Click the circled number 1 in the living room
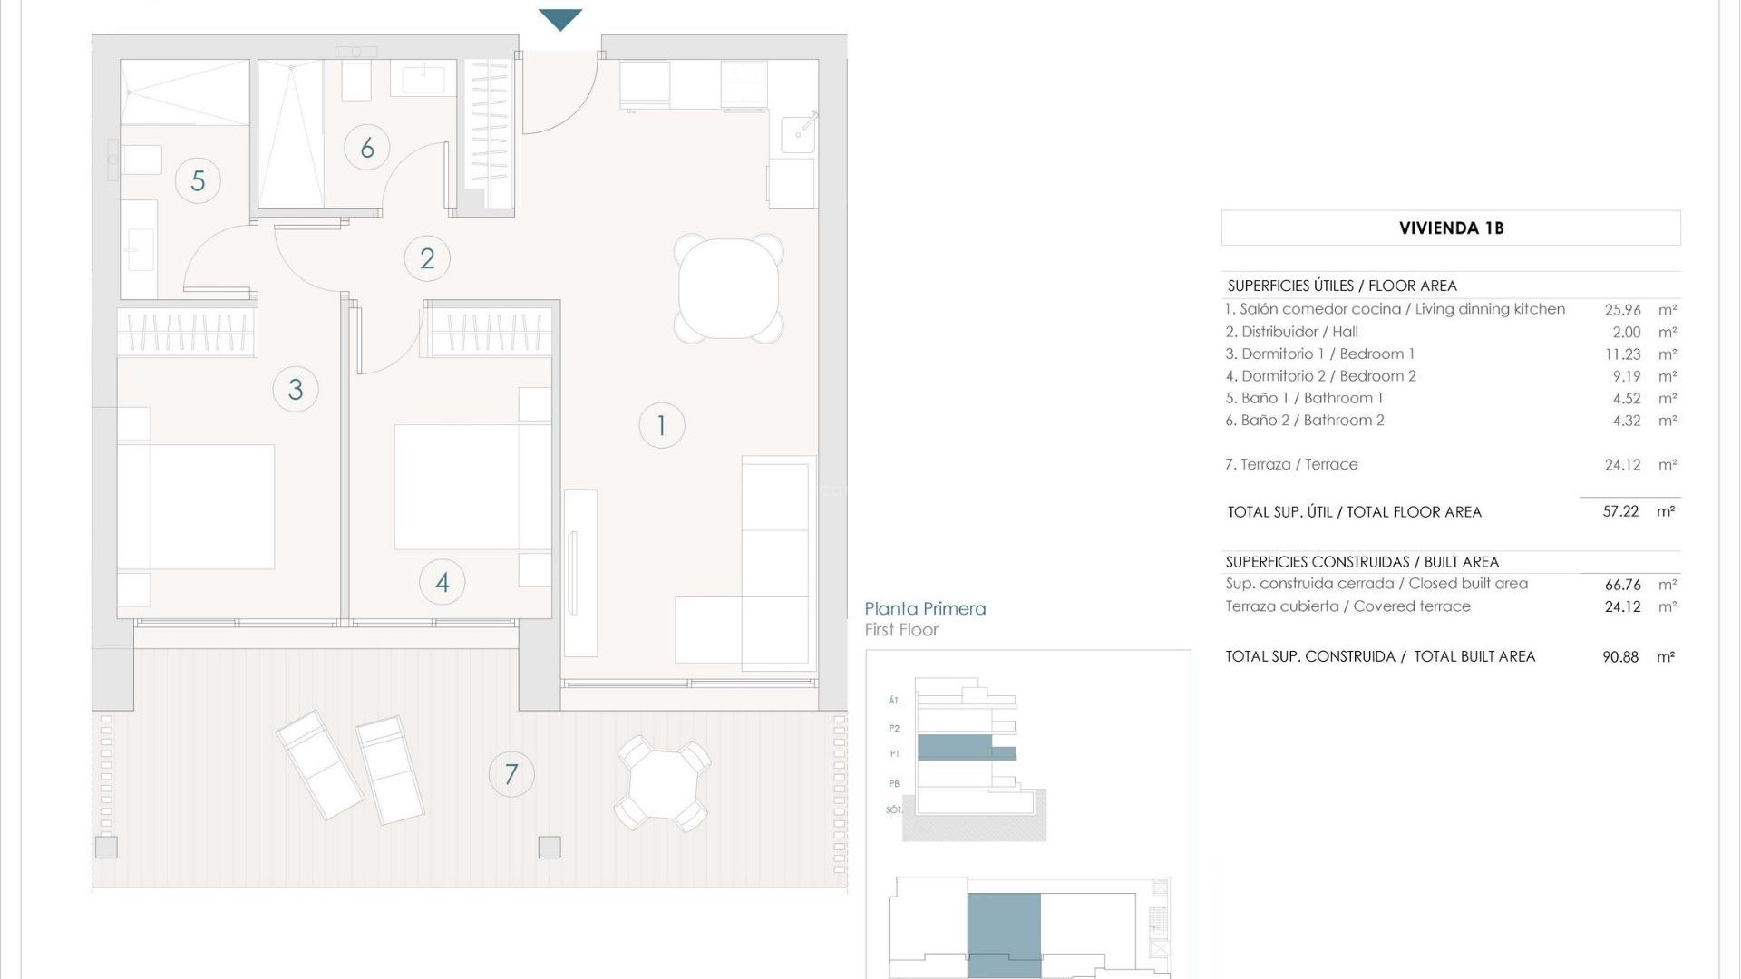pos(661,425)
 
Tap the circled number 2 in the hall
pos(427,259)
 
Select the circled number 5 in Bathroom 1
pos(198,180)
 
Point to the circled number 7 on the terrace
pos(511,774)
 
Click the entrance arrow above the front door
pos(560,19)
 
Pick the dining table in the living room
pos(729,288)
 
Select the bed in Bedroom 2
pos(472,487)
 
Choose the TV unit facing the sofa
pos(580,573)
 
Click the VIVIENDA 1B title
pos(1451,228)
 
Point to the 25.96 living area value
pos(1622,310)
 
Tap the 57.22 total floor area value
pos(1620,511)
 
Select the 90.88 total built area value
pos(1620,657)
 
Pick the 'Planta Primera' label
pos(925,609)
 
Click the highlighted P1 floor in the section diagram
pos(954,748)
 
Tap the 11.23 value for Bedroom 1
pos(1622,354)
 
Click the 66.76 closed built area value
pos(1622,585)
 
